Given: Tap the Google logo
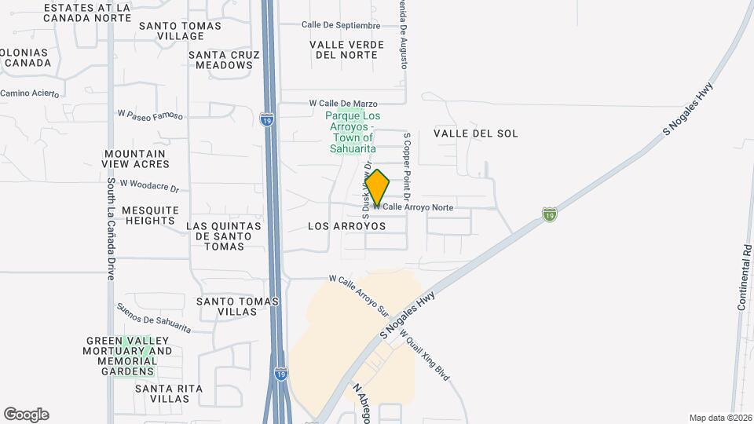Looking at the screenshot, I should coord(26,415).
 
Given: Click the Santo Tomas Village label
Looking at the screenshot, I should coord(180,31).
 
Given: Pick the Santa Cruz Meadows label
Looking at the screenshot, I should coord(221,60).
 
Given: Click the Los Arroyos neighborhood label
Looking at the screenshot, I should coord(347,226).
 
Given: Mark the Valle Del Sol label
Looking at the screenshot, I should coord(476,133).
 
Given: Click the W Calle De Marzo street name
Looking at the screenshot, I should coord(343,104).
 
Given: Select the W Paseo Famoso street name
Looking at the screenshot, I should coord(150,115).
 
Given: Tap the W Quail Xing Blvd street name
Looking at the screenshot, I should coord(425,356).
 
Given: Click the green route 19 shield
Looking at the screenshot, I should coord(550,214).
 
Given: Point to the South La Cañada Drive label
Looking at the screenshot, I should coord(112,228).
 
